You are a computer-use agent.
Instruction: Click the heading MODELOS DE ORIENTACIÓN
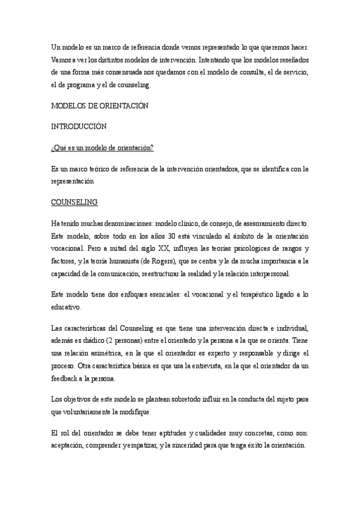[x=99, y=105]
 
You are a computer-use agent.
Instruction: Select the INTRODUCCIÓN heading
[x=79, y=126]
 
